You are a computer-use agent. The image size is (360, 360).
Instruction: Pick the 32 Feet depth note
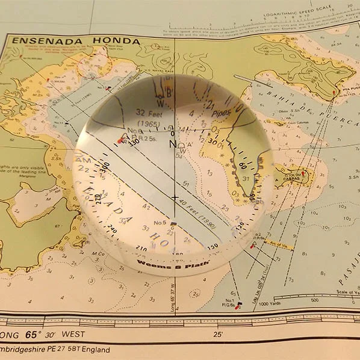[x=149, y=112]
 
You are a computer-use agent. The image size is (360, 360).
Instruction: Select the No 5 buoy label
[x=160, y=223]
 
